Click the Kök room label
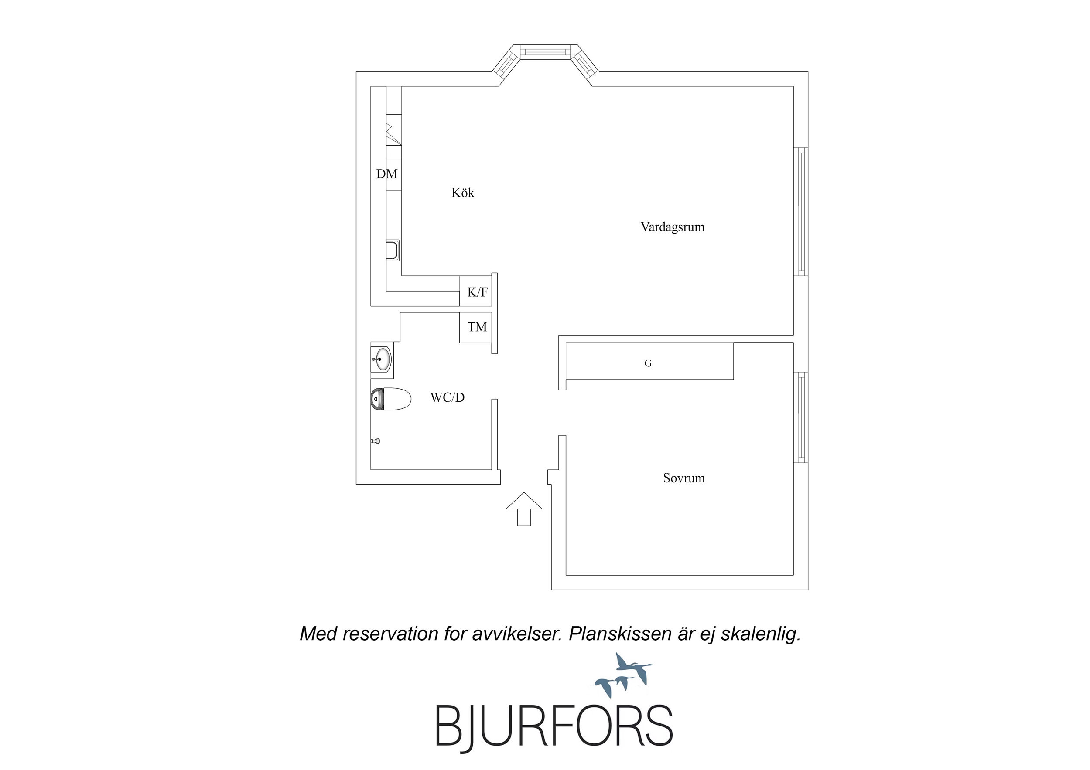pyautogui.click(x=462, y=193)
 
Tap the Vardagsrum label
pyautogui.click(x=672, y=227)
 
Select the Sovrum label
pyautogui.click(x=683, y=478)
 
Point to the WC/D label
pyautogui.click(x=447, y=397)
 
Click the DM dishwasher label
pyautogui.click(x=387, y=174)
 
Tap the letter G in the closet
pyautogui.click(x=648, y=363)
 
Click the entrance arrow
pyautogui.click(x=524, y=509)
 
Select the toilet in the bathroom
pyautogui.click(x=390, y=400)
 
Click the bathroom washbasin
pyautogui.click(x=382, y=360)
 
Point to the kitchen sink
pyautogui.click(x=393, y=251)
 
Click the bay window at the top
pyautogui.click(x=546, y=59)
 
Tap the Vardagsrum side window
pyautogui.click(x=801, y=212)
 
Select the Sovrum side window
pyautogui.click(x=801, y=417)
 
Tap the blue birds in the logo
pyautogui.click(x=623, y=675)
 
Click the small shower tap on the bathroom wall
pyautogui.click(x=376, y=441)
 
